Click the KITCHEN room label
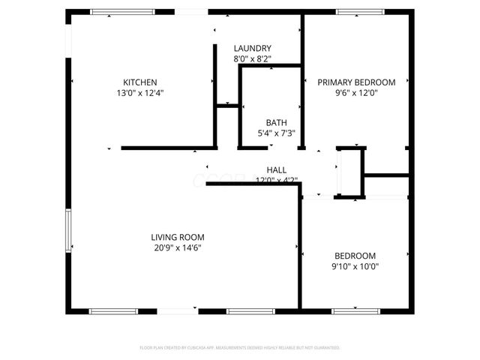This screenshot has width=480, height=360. pos(140,82)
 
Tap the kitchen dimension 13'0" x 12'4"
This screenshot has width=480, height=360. pos(140,94)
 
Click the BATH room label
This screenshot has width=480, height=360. pos(276,123)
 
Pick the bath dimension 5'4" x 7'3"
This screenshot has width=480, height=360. pos(276,133)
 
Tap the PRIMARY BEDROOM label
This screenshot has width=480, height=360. pos(356,82)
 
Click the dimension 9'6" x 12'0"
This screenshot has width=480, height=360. pos(356,94)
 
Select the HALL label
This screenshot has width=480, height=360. pos(277,170)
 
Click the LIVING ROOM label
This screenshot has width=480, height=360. pos(178,237)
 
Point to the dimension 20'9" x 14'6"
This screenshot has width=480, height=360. pos(178,248)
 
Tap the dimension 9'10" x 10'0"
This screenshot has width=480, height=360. pos(355,265)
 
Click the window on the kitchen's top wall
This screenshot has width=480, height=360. pos(123,11)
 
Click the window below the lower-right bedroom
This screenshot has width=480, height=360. pos(354,310)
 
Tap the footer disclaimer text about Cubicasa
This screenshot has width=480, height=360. pos(240,348)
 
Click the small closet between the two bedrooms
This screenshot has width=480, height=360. pos(350,172)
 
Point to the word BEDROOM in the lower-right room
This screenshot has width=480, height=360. pos(355,255)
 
